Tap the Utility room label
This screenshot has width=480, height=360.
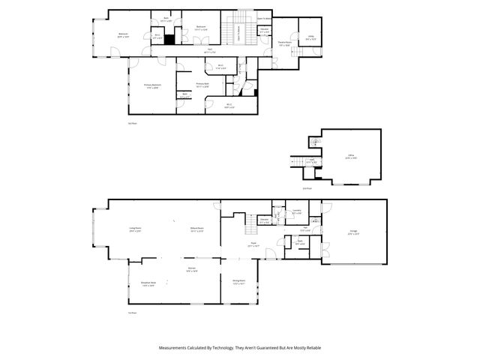point(310,37)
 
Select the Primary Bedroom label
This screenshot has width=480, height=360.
point(153,86)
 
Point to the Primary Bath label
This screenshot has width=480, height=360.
point(202,84)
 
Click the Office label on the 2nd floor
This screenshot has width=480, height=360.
point(349,157)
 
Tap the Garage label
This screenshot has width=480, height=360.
point(353,232)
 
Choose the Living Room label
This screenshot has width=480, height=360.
point(136,229)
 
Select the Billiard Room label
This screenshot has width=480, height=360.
point(197,229)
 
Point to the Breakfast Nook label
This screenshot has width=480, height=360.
point(148,283)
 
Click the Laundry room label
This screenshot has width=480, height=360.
point(297,211)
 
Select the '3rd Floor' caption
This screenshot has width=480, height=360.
point(131,122)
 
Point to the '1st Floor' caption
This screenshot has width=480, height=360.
point(131,313)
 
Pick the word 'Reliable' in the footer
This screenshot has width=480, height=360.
point(311,348)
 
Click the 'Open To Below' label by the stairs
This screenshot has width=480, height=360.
point(264,17)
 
